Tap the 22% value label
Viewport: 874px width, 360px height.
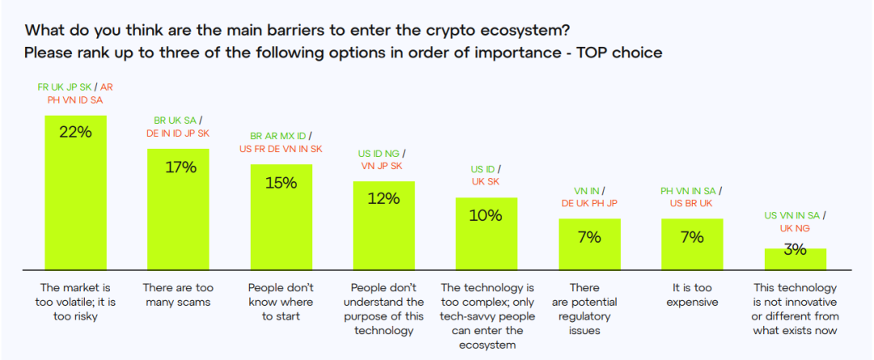point(75,133)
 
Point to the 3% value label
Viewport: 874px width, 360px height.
point(796,250)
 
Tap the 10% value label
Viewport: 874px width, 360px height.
point(486,216)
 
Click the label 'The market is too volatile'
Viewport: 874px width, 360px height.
point(74,302)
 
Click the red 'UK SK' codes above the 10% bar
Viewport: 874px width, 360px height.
point(486,183)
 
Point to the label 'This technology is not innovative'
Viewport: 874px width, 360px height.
point(796,309)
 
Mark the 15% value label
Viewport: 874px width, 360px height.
point(281,183)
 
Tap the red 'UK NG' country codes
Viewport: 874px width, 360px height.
point(796,229)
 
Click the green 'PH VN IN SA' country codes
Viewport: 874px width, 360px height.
point(689,191)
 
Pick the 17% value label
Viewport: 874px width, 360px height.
point(178,167)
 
